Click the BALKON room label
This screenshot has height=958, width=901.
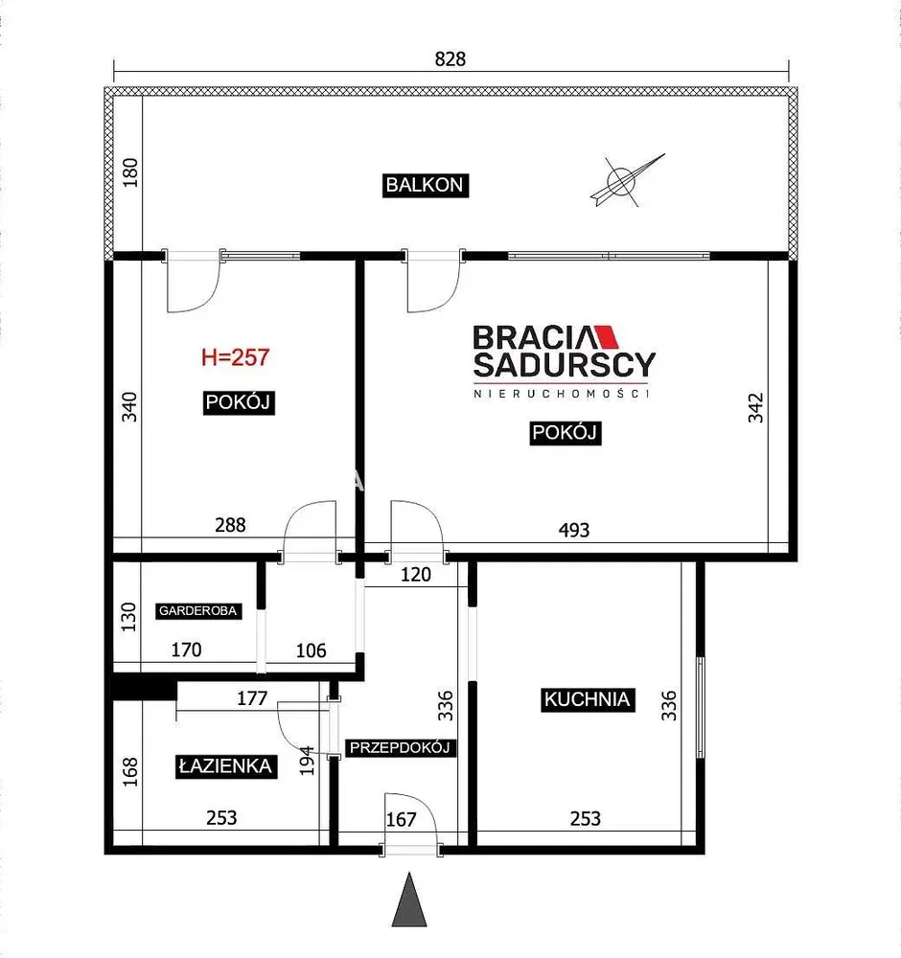tap(426, 185)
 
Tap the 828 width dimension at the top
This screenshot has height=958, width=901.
tap(450, 58)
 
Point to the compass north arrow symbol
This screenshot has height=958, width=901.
tap(626, 180)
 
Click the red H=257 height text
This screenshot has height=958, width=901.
tap(236, 357)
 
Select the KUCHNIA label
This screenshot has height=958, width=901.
tap(588, 699)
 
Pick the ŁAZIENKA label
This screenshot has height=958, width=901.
tap(225, 766)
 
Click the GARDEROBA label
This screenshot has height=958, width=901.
tap(197, 611)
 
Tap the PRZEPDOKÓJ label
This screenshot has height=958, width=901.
tap(401, 747)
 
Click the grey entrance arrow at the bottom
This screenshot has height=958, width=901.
tap(409, 900)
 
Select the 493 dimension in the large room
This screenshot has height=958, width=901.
tap(574, 530)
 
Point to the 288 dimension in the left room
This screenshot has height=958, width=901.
tap(230, 525)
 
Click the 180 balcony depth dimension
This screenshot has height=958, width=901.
tap(130, 172)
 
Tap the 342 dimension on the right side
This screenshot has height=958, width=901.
tap(756, 407)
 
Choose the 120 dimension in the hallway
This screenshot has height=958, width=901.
tap(416, 574)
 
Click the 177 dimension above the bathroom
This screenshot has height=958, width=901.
tap(252, 697)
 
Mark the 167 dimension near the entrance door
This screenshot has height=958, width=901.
tap(401, 819)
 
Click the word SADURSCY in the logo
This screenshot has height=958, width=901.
tap(565, 365)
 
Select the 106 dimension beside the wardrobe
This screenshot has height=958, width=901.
tap(312, 650)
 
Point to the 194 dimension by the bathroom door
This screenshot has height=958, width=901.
tap(307, 760)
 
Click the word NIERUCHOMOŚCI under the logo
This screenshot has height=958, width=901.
tap(561, 394)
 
